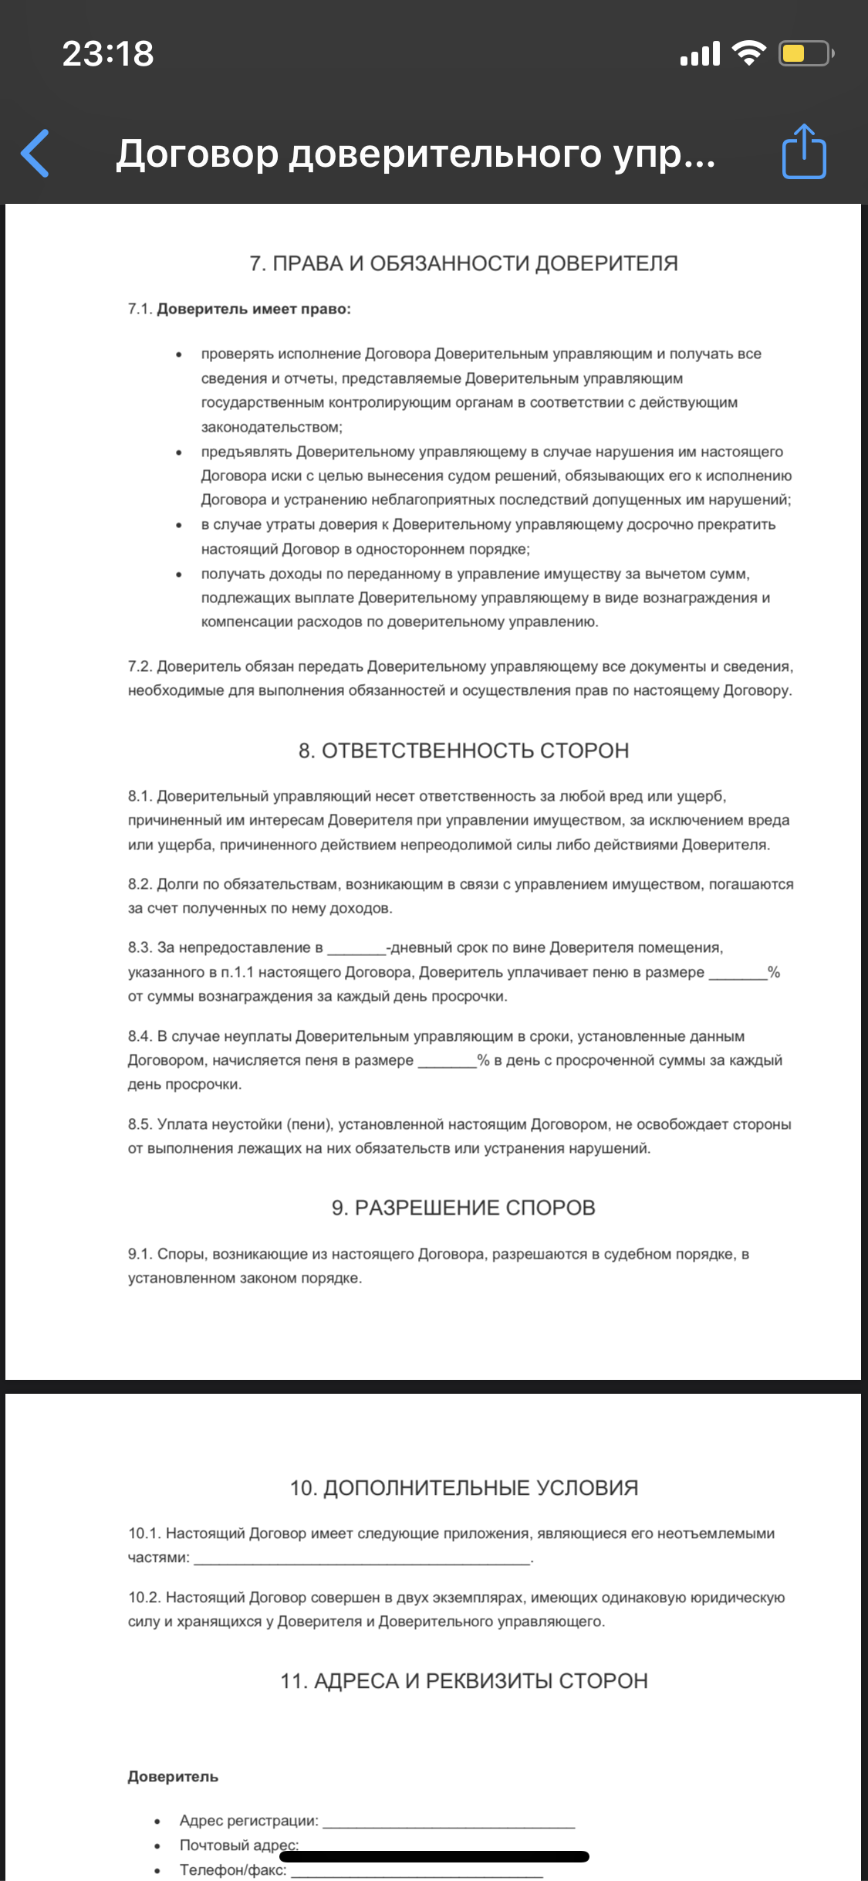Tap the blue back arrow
pos(35,153)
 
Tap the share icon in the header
pos(804,152)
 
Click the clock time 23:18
pos(108,54)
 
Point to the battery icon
pos(805,53)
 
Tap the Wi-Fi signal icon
pos(748,53)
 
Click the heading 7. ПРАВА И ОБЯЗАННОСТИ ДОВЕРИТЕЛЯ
pos(464,263)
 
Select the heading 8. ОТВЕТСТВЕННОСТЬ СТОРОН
pos(464,751)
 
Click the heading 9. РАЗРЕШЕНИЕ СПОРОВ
pos(464,1208)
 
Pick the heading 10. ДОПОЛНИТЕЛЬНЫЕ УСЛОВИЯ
pos(464,1488)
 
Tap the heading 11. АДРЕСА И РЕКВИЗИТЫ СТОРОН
pos(464,1681)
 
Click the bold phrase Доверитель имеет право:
pos(254,309)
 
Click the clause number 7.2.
pos(140,666)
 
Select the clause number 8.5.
pos(140,1124)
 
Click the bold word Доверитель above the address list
pos(173,1777)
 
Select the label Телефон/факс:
pos(233,1870)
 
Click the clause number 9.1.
pos(140,1254)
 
